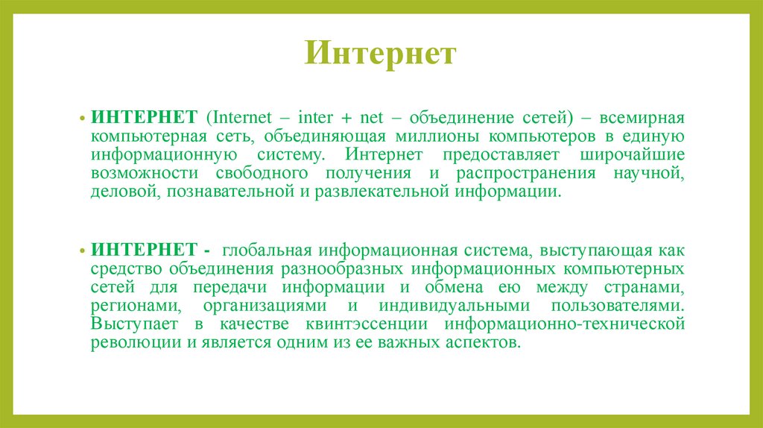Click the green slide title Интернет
click(x=380, y=55)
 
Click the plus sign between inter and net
click(x=348, y=119)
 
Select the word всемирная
click(x=642, y=119)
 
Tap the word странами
click(x=647, y=286)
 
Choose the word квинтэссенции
click(x=366, y=324)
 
